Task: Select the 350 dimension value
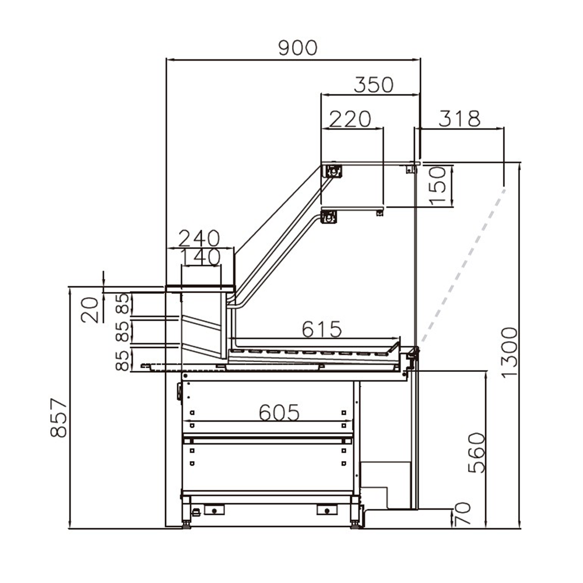click(374, 85)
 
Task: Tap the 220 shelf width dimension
click(350, 119)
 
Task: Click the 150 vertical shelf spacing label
click(440, 185)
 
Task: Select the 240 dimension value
click(199, 238)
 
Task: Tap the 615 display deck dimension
click(321, 329)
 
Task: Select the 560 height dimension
click(476, 452)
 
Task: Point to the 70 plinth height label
click(461, 515)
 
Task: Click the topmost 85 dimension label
click(122, 303)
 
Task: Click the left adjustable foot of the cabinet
click(187, 522)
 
